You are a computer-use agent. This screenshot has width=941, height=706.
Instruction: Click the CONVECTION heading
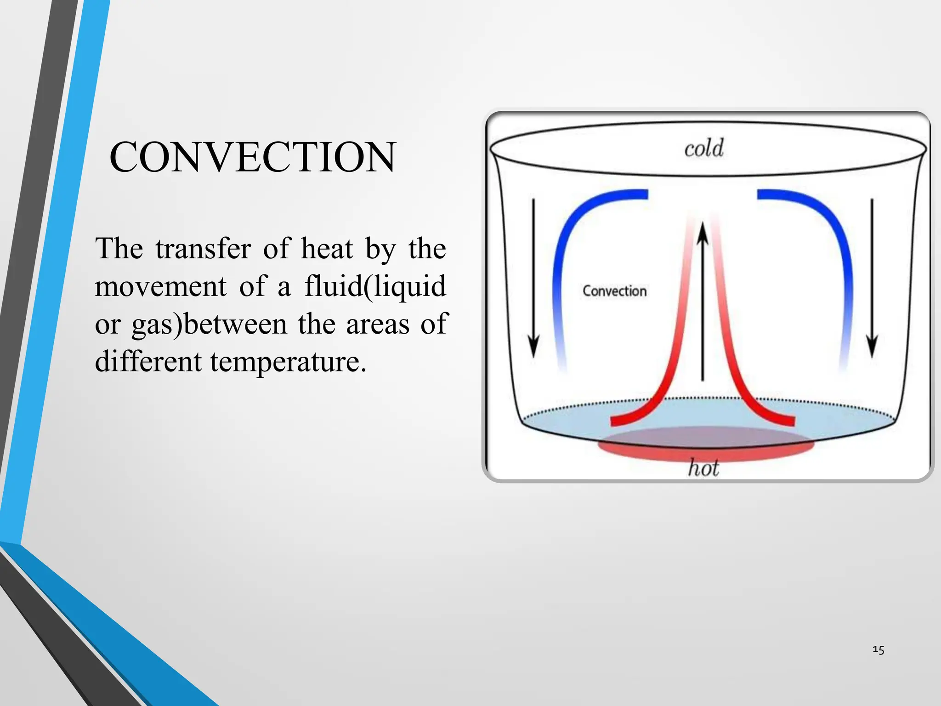click(x=252, y=157)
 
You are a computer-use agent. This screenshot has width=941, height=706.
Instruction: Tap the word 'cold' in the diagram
click(x=703, y=148)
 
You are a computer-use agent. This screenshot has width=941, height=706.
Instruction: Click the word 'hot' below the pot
click(x=703, y=468)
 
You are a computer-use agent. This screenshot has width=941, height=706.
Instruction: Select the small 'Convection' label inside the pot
click(x=614, y=291)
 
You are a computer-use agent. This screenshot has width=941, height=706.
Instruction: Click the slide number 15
click(x=878, y=649)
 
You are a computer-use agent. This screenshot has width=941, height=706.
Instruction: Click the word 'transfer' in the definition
click(x=203, y=249)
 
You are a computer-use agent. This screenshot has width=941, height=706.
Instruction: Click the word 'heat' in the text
click(x=327, y=249)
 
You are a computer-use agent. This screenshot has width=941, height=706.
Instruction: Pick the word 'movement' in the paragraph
click(x=160, y=287)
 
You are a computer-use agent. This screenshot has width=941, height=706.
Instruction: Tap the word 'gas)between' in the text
click(x=209, y=325)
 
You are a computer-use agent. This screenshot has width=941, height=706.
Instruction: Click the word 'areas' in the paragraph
click(x=377, y=325)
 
